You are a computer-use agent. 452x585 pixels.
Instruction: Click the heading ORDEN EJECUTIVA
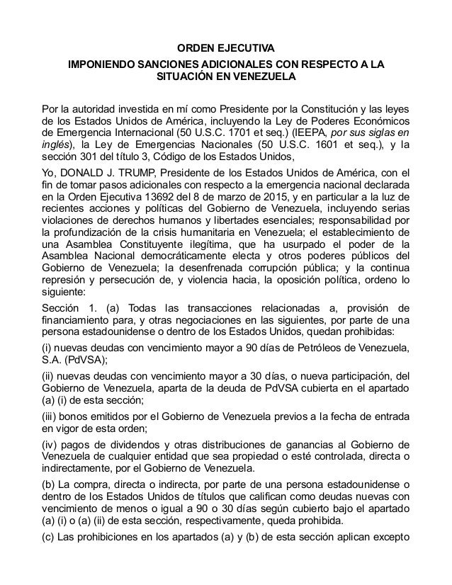pyautogui.click(x=225, y=48)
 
